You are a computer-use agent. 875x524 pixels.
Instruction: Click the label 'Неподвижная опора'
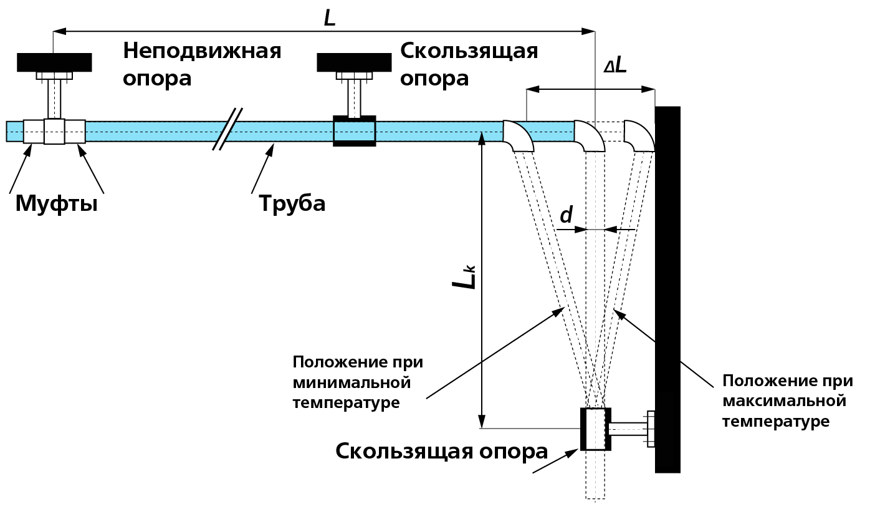(x=201, y=64)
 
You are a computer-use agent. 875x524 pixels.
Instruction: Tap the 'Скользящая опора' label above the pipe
(x=469, y=64)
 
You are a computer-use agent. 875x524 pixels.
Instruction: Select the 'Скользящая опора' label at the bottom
(x=441, y=451)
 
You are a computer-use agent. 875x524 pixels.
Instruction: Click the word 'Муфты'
(x=56, y=203)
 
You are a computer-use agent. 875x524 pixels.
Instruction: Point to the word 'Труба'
(x=292, y=203)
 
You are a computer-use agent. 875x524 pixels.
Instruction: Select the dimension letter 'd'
(x=566, y=215)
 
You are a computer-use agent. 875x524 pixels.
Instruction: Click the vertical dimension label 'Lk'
(x=465, y=278)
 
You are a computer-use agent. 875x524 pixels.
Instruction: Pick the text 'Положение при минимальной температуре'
(x=357, y=382)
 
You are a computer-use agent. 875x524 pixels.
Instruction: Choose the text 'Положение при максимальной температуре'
(x=787, y=401)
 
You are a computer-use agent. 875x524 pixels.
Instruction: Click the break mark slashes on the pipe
(x=227, y=129)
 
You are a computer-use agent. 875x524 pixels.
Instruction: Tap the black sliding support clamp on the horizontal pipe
(x=355, y=131)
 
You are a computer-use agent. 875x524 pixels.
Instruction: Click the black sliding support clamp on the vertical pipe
(x=596, y=429)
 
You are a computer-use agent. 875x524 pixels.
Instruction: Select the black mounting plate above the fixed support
(x=55, y=62)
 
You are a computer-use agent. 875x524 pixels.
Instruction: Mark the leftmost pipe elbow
(x=517, y=136)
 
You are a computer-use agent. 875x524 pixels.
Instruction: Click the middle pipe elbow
(x=588, y=136)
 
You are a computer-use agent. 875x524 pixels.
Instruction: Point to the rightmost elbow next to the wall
(x=639, y=136)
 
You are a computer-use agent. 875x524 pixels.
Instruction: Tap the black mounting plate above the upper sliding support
(x=354, y=62)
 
